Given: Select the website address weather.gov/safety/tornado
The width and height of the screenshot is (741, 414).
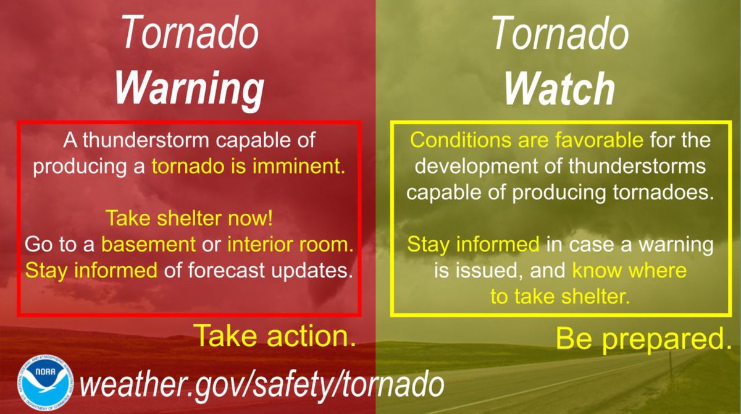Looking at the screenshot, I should coord(262,384).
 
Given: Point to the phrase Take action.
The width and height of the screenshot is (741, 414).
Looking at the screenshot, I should coord(276,336).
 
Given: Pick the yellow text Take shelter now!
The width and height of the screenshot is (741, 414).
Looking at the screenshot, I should coord(190,219).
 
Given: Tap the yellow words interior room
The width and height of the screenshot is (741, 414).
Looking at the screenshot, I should coord(289,245).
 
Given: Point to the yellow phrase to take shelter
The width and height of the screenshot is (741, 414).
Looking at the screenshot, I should coord(559,297).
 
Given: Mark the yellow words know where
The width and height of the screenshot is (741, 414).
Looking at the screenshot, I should coord(629,270).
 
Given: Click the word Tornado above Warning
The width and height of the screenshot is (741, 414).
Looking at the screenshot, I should coord(189,34).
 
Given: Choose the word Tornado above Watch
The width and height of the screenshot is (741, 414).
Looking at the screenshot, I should coord(559,34).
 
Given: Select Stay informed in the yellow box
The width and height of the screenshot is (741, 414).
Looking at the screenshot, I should coord(472,245).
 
